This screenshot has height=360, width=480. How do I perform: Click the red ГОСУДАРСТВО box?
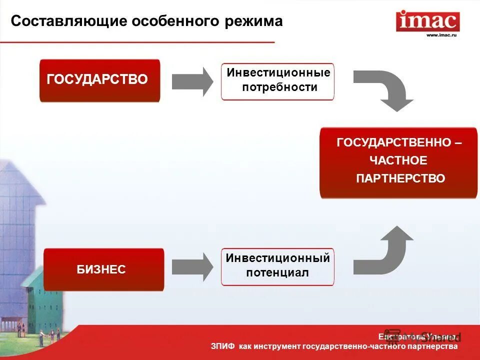(99, 80)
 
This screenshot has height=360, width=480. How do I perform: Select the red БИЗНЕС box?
(103, 269)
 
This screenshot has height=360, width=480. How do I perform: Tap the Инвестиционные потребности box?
(278, 81)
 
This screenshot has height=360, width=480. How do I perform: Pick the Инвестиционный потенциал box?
(277, 266)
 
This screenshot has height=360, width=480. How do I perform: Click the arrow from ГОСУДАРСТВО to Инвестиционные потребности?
(192, 81)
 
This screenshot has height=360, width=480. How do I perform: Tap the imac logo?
(427, 21)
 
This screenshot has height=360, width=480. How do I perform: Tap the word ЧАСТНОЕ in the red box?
(398, 160)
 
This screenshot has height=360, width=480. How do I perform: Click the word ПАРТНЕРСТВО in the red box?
(400, 178)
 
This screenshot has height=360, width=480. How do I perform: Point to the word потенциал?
(277, 273)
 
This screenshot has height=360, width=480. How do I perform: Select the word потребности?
(279, 87)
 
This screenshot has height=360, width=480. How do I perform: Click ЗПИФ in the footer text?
(222, 346)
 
